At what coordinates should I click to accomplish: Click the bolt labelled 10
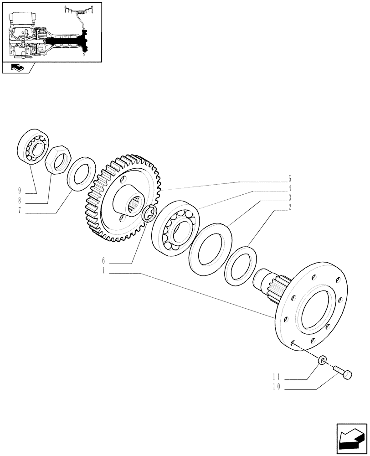click(343, 372)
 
